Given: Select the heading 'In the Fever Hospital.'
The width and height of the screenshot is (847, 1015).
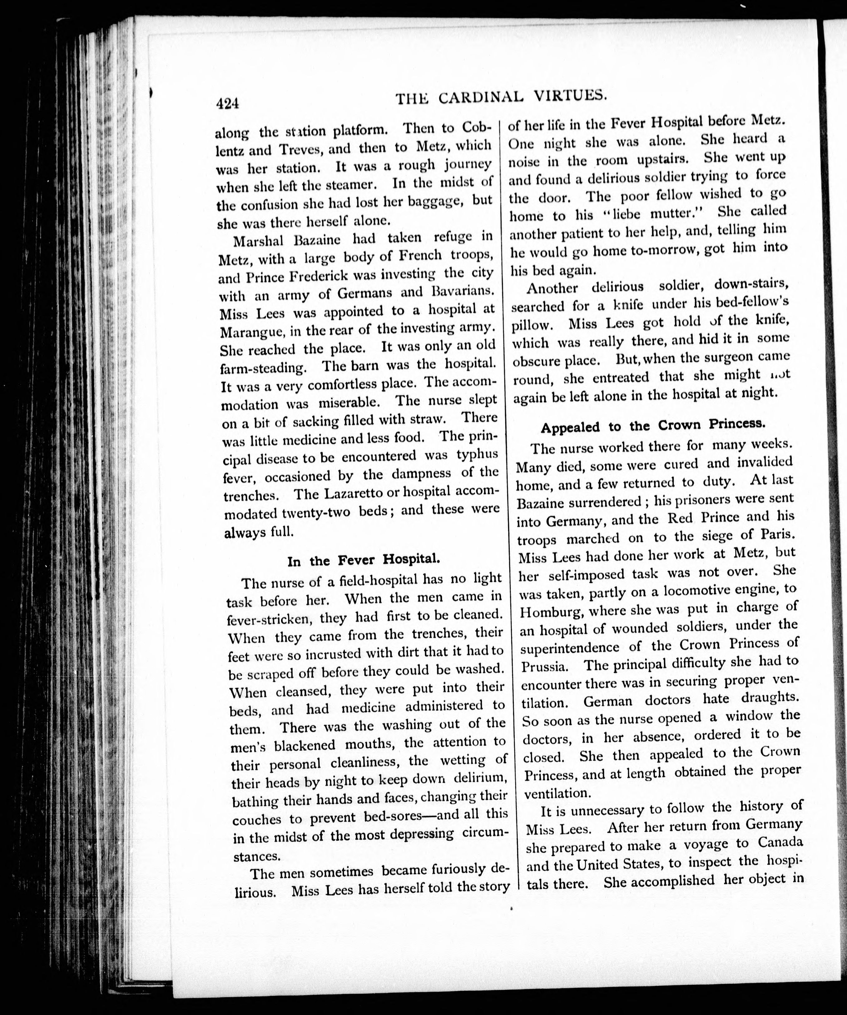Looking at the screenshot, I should pyautogui.click(x=364, y=560).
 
